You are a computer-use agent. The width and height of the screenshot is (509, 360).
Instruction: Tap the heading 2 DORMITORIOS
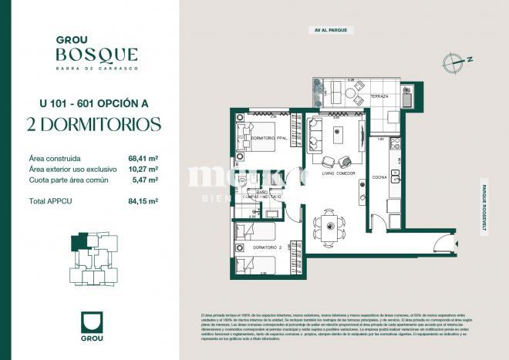[93, 125]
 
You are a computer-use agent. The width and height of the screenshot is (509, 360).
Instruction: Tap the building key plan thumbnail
[93, 258]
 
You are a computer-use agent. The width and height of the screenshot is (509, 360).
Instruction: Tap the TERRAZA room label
[379, 96]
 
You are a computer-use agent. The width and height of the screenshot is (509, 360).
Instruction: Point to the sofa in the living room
[314, 136]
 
